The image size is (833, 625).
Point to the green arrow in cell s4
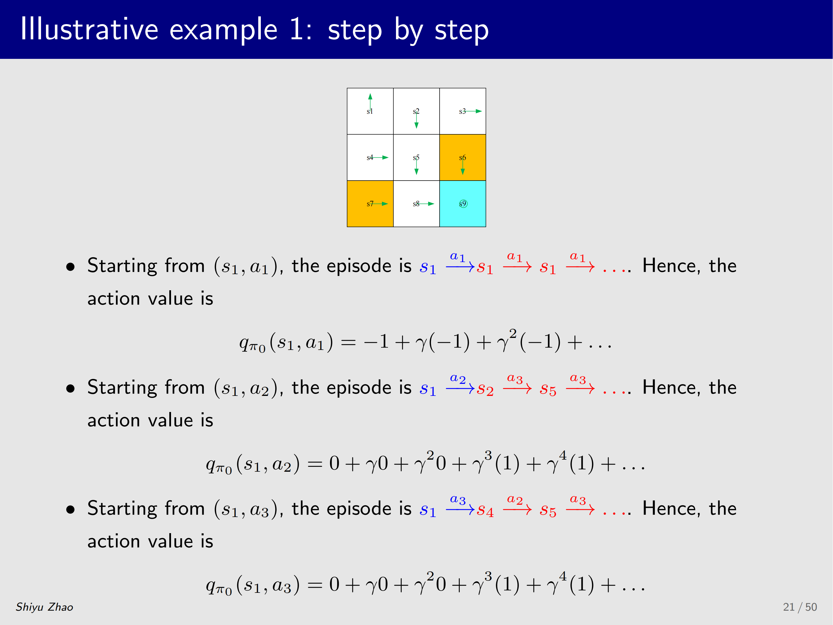click(x=380, y=158)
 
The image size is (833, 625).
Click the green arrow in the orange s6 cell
click(x=463, y=166)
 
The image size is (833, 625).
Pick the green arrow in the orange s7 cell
click(x=380, y=204)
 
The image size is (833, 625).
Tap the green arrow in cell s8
click(x=426, y=204)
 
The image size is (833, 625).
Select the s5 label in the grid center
click(x=416, y=158)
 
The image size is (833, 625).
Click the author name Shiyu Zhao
click(x=44, y=607)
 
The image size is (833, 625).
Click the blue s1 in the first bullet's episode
click(x=428, y=268)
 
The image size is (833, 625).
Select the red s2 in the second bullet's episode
click(x=485, y=389)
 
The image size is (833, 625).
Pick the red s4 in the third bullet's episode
click(x=485, y=510)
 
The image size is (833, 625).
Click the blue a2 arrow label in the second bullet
click(x=458, y=378)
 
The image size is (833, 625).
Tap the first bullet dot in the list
click(x=70, y=267)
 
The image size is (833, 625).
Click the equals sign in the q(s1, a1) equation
click(x=348, y=343)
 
